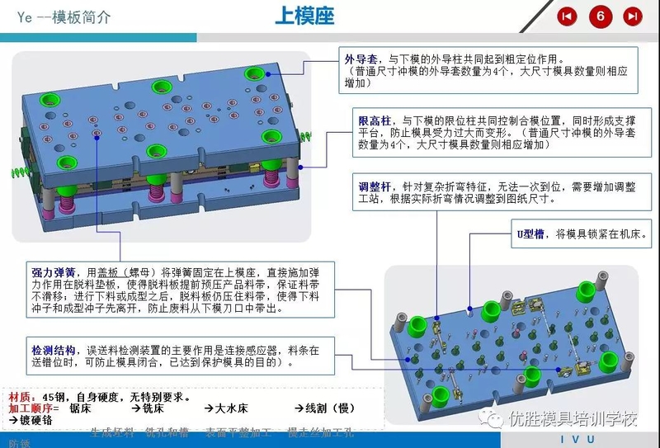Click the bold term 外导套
[x=361, y=59]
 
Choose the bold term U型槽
[x=530, y=235]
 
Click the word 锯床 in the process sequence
[x=80, y=408]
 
